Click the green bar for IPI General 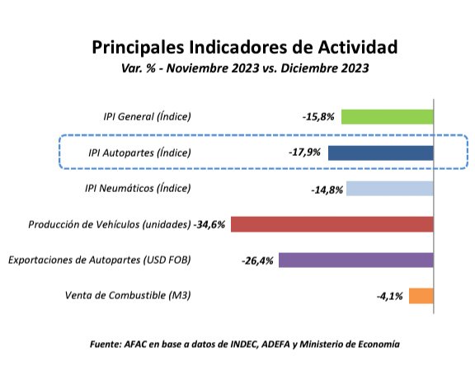click(x=387, y=116)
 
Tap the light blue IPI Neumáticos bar click(x=389, y=188)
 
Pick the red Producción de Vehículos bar click(x=332, y=224)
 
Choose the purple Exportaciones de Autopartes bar click(x=355, y=260)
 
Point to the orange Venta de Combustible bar click(x=421, y=296)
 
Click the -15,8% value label click(x=317, y=117)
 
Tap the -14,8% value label click(x=327, y=189)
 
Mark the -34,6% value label click(x=211, y=224)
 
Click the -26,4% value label click(x=257, y=260)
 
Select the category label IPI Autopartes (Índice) click(x=139, y=152)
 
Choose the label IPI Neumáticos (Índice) click(x=138, y=188)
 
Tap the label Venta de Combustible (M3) click(x=127, y=296)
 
